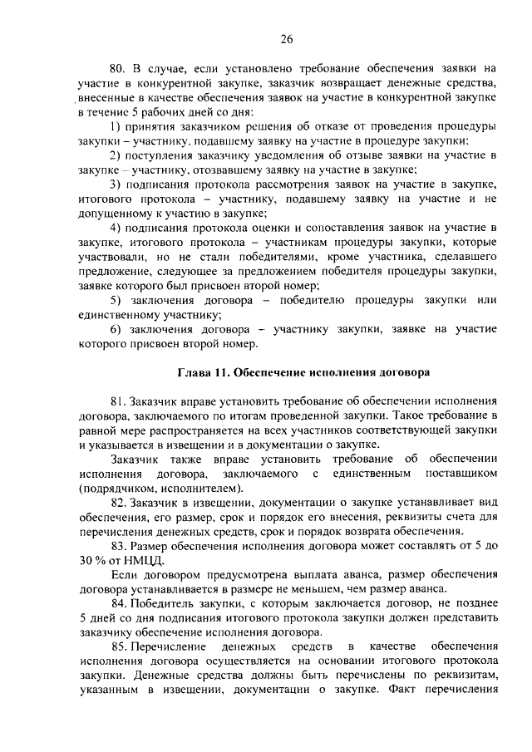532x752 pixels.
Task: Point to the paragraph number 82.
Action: (x=116, y=503)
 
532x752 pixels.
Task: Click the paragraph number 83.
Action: (x=116, y=545)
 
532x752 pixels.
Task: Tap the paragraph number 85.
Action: (x=116, y=646)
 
